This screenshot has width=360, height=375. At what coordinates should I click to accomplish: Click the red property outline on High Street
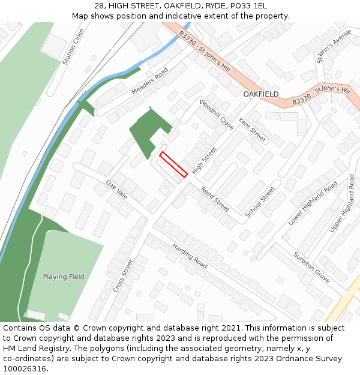pos(173,164)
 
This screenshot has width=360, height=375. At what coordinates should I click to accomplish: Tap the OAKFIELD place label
pos(260,94)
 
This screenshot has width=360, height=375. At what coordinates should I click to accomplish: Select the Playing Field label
pos(64,277)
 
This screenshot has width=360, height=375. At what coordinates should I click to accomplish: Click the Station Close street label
pos(73,47)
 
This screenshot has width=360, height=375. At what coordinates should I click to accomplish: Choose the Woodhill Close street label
pos(216,115)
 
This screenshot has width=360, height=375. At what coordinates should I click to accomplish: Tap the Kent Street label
pos(252,130)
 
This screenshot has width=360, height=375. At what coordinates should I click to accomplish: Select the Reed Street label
pos(215,199)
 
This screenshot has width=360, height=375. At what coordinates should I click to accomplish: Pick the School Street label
pos(260,202)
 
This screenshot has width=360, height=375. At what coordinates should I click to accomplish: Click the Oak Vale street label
pos(116,189)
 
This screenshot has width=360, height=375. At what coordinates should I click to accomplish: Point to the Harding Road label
pos(190,256)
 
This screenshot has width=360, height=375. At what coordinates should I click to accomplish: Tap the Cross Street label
pos(123,275)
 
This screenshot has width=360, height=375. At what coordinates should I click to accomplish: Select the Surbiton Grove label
pos(311,267)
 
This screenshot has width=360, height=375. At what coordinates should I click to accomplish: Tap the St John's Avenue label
pos(332,46)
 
